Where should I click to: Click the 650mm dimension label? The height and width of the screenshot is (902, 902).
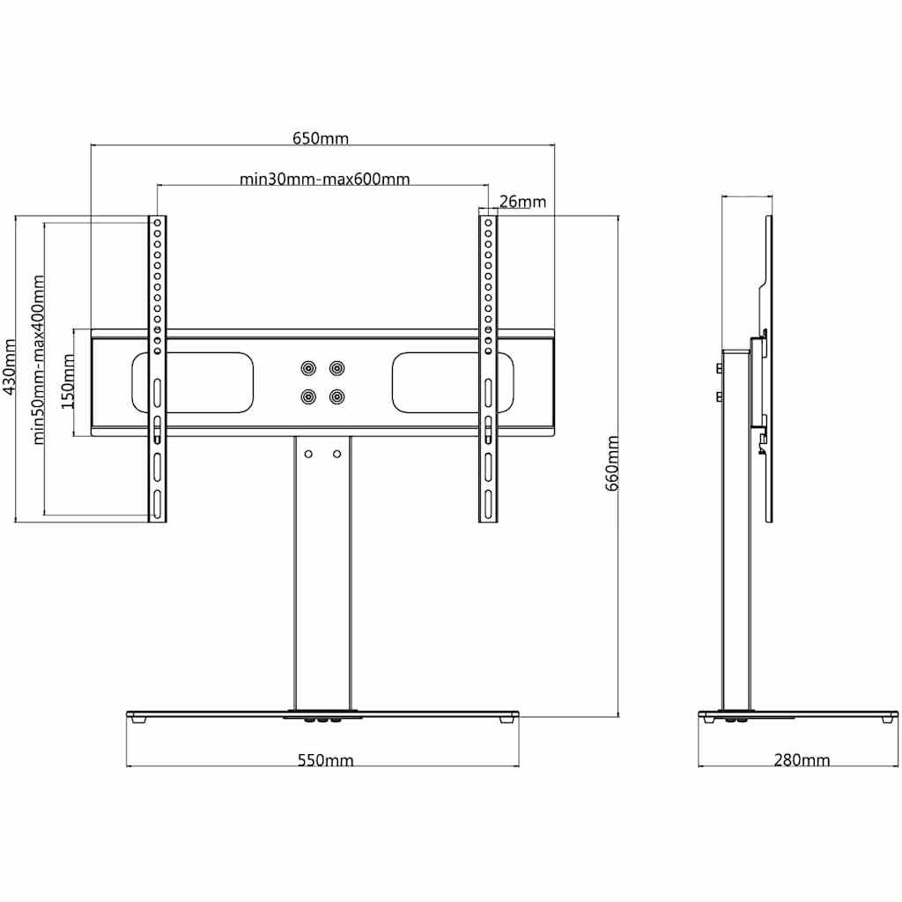(321, 138)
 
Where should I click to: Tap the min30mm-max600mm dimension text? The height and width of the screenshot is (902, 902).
(324, 179)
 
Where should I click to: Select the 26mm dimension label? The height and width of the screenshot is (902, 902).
(522, 202)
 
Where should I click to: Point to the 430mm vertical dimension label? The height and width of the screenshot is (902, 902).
(10, 367)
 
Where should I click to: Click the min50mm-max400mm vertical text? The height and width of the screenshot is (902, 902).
(38, 359)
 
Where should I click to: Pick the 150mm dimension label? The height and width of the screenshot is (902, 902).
(68, 381)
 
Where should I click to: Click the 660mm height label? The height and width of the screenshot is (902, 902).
(612, 463)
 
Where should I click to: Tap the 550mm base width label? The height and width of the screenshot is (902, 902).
(325, 760)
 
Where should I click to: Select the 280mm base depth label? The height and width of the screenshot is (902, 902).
(802, 760)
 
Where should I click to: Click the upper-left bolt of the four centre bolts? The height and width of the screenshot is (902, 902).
(309, 368)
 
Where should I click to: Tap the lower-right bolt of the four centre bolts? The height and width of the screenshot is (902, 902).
(336, 397)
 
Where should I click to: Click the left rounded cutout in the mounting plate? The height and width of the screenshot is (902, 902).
(193, 382)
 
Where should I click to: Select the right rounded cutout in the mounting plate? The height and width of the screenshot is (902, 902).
(453, 382)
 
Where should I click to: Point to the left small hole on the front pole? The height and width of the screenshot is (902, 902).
(308, 455)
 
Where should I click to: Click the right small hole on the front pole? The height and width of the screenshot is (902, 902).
(337, 455)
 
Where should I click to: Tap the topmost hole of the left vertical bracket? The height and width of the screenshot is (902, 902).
(157, 223)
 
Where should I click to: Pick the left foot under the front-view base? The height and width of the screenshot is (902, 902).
(138, 719)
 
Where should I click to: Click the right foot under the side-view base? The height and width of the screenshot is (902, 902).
(890, 719)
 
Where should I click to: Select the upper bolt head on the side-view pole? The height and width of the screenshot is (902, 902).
(719, 368)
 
